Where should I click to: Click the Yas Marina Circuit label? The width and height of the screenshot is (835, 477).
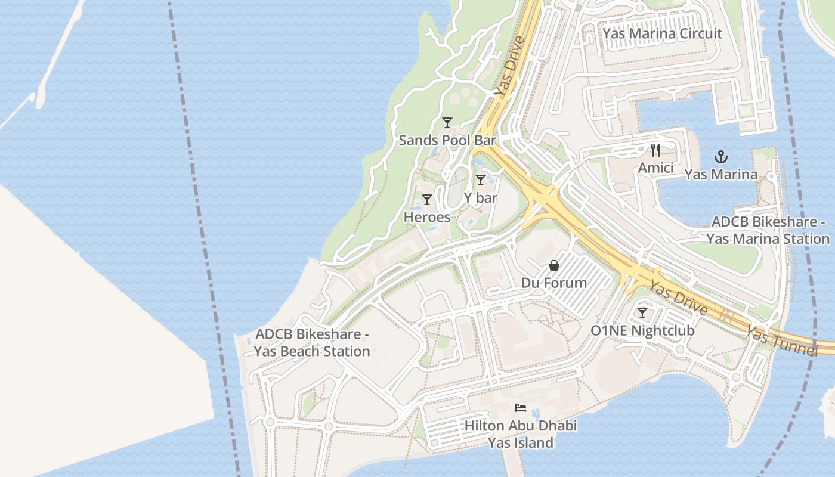click(x=662, y=33)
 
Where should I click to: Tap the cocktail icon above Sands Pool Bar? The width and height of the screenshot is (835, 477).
click(x=447, y=123)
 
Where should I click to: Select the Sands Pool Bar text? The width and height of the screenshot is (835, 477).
click(x=447, y=140)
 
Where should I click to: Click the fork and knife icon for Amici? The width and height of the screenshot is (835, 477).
click(x=655, y=150)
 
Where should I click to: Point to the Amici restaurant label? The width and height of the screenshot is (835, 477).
click(x=655, y=168)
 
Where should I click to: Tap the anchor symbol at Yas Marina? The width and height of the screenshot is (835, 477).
click(x=721, y=157)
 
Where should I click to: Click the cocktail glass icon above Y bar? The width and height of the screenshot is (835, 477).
click(x=480, y=180)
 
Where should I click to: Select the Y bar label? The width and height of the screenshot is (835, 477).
click(x=480, y=197)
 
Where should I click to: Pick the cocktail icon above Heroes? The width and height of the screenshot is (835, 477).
click(x=427, y=200)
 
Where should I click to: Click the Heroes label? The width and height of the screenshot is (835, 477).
click(x=427, y=217)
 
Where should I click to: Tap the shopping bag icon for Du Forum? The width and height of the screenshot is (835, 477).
click(x=554, y=265)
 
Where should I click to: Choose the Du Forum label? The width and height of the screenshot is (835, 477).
click(x=554, y=283)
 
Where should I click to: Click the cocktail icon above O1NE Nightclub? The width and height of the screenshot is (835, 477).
click(x=642, y=313)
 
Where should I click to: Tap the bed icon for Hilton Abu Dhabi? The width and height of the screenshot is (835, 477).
click(x=521, y=408)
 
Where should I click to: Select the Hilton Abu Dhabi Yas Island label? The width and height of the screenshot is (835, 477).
click(x=521, y=434)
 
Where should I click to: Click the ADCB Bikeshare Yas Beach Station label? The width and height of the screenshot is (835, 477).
click(x=312, y=343)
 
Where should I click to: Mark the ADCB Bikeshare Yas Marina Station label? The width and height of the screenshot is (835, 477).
click(x=768, y=230)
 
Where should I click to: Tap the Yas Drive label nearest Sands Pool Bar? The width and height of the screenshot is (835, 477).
click(x=509, y=67)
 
